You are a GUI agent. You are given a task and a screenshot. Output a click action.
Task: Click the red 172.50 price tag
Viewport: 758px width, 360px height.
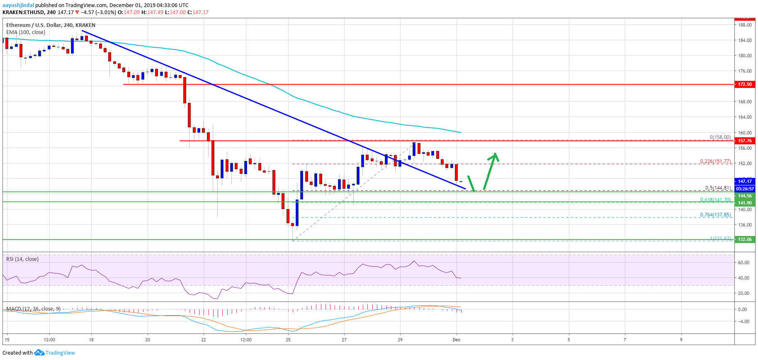pyautogui.click(x=744, y=84)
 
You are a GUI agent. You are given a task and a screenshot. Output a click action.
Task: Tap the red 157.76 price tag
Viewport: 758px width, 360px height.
pyautogui.click(x=744, y=141)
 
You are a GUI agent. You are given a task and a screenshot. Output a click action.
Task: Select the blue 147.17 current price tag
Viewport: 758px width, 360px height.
pyautogui.click(x=744, y=181)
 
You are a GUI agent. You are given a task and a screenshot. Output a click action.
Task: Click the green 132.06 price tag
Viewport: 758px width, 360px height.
pyautogui.click(x=744, y=239)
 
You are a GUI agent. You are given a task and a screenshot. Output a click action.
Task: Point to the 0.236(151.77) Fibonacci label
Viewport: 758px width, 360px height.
pyautogui.click(x=715, y=161)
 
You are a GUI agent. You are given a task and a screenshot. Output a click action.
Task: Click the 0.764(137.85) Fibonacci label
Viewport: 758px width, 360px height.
pyautogui.click(x=715, y=215)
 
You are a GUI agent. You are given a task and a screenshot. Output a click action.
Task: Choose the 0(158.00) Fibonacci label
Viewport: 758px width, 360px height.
pyautogui.click(x=720, y=137)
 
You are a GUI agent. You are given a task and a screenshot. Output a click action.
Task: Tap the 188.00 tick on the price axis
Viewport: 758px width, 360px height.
pyautogui.click(x=745, y=25)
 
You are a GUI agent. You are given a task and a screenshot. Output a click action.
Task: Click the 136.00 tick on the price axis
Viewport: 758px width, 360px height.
pyautogui.click(x=745, y=225)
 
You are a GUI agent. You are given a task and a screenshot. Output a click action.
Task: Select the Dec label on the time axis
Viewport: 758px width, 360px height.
pyautogui.click(x=457, y=340)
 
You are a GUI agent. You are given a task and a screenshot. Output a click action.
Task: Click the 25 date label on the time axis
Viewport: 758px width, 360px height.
pyautogui.click(x=288, y=340)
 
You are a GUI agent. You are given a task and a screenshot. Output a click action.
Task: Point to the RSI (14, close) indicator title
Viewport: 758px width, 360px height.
pyautogui.click(x=22, y=259)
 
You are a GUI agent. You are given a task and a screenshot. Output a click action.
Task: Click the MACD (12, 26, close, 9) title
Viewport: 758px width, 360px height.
pyautogui.click(x=33, y=309)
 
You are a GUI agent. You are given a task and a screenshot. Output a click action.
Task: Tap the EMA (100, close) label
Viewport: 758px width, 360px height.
pyautogui.click(x=26, y=32)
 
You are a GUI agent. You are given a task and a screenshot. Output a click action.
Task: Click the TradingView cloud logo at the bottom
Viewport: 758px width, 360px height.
pyautogui.click(x=39, y=353)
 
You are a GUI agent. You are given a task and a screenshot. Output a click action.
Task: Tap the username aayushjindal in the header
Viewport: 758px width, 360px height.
pyautogui.click(x=18, y=5)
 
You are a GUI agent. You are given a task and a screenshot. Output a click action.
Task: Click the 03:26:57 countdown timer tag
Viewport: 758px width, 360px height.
pyautogui.click(x=744, y=189)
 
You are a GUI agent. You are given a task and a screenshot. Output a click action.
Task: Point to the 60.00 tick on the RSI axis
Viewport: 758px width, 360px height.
pyautogui.click(x=743, y=263)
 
